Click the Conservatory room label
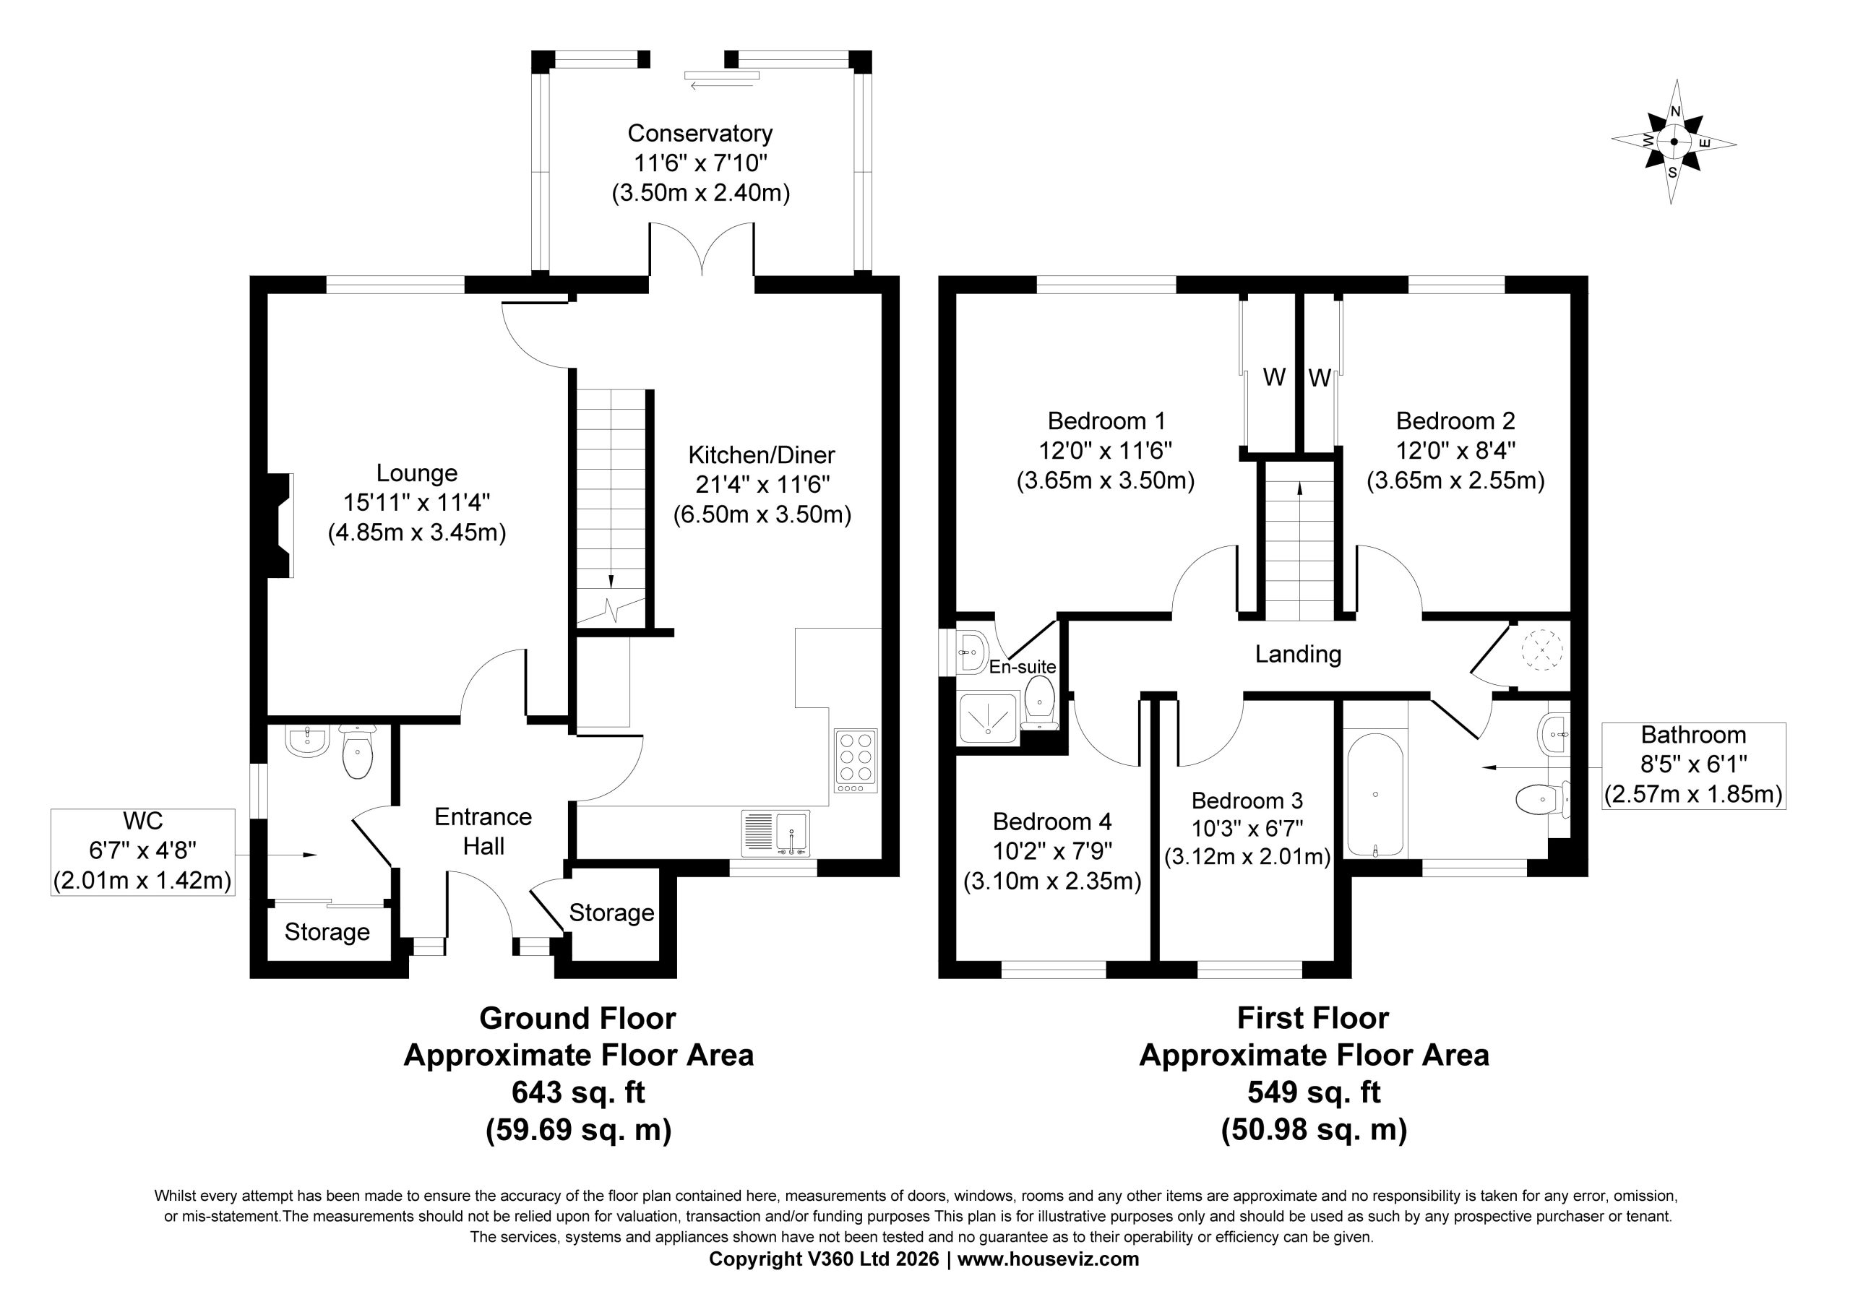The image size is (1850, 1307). pyautogui.click(x=700, y=133)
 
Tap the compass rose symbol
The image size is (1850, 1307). pyautogui.click(x=1674, y=142)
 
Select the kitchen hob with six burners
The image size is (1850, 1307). pyautogui.click(x=856, y=761)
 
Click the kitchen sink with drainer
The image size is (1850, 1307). pyautogui.click(x=775, y=832)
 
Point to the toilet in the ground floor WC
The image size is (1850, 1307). pyautogui.click(x=357, y=751)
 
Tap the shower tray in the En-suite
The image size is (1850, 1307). pyautogui.click(x=989, y=717)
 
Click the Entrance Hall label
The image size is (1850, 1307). pyautogui.click(x=483, y=832)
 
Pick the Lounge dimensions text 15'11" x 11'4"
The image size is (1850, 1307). pyautogui.click(x=416, y=503)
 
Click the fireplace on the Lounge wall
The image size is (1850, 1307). pyautogui.click(x=280, y=525)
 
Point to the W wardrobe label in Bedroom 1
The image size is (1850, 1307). pyautogui.click(x=1274, y=376)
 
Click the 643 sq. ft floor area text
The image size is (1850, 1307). pyautogui.click(x=579, y=1092)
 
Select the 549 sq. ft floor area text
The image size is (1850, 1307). pyautogui.click(x=1315, y=1092)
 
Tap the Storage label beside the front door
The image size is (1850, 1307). pyautogui.click(x=611, y=913)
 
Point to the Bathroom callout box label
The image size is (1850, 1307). pyautogui.click(x=1694, y=735)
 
